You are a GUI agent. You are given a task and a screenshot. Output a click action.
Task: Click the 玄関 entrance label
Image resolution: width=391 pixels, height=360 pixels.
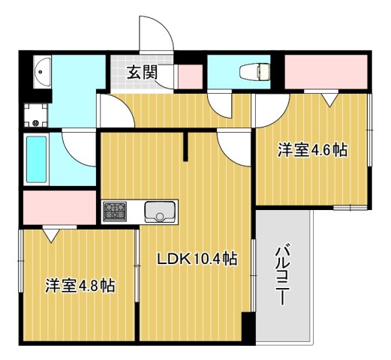click(x=142, y=73)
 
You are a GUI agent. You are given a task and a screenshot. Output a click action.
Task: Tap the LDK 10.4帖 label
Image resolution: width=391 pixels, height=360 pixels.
click(x=197, y=259)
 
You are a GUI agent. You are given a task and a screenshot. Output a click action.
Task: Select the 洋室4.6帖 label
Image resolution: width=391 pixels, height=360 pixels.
click(x=312, y=150)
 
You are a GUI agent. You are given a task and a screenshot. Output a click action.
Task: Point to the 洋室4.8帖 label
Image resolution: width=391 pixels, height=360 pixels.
click(x=80, y=286)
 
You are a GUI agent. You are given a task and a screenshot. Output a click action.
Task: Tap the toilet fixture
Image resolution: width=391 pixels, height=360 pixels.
click(x=254, y=72)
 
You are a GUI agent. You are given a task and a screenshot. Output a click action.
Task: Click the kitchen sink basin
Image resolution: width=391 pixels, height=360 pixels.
click(x=159, y=211)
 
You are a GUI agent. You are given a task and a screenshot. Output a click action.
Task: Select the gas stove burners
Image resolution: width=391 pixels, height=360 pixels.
click(x=115, y=211)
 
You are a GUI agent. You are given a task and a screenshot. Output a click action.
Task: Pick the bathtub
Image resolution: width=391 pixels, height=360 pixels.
click(x=36, y=159)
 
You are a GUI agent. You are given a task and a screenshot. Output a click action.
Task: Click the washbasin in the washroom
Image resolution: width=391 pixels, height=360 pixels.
click(x=43, y=73)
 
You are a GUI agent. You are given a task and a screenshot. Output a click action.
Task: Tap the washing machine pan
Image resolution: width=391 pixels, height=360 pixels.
click(x=36, y=115)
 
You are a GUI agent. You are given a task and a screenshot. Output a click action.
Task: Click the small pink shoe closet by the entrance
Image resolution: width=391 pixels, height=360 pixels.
click(x=190, y=76)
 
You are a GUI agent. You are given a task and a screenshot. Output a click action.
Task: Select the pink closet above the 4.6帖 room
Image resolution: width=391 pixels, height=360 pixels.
click(x=326, y=72)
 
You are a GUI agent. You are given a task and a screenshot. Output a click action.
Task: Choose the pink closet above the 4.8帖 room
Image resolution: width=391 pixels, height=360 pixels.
click(x=59, y=208)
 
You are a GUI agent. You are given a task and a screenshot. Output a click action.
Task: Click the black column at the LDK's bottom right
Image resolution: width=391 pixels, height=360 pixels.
click(x=248, y=326)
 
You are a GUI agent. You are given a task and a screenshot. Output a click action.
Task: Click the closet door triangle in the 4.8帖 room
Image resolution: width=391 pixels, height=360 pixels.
click(x=52, y=235)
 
